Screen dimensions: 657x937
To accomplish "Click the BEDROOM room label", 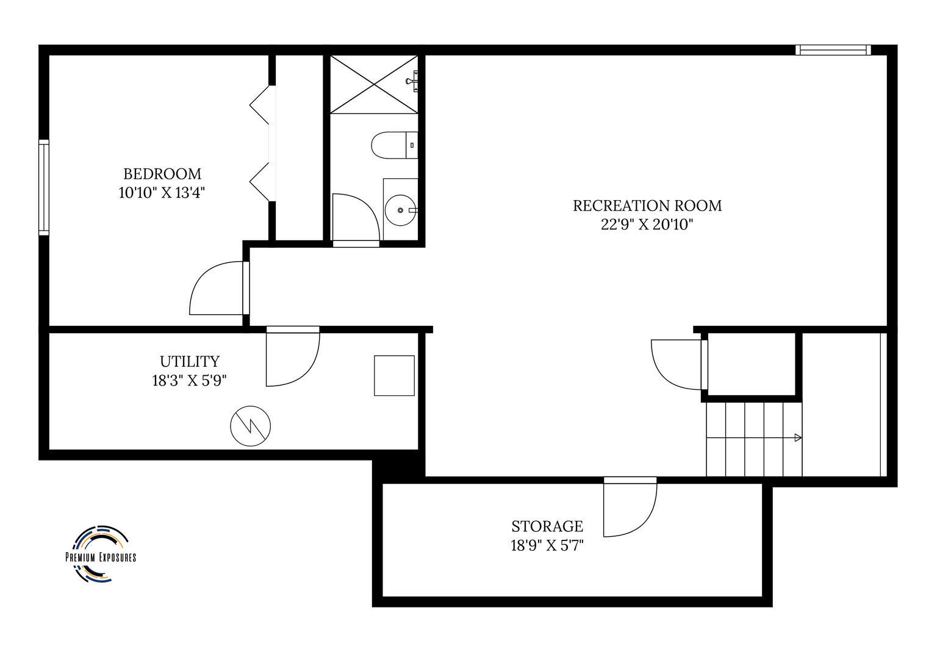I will [162, 174].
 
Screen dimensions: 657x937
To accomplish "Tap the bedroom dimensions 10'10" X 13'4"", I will [162, 193].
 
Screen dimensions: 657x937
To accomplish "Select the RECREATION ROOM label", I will [647, 206].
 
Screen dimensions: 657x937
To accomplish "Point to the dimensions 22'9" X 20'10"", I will [647, 225].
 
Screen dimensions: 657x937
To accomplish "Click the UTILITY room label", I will [189, 361].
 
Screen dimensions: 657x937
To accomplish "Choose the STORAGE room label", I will [547, 526].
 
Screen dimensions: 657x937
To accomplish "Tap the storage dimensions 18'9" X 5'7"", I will [547, 545].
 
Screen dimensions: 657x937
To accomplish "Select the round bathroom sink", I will [400, 210].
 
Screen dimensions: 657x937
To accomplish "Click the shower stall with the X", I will [374, 84].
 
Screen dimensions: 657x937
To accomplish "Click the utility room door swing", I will [289, 360].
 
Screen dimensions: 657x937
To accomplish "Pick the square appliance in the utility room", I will [394, 376].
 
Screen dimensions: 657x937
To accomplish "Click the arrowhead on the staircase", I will [798, 437].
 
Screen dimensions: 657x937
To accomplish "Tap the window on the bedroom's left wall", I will [43, 187].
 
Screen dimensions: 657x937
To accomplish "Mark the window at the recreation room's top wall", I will [833, 50].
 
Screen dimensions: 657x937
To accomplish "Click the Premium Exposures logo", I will [101, 553].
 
